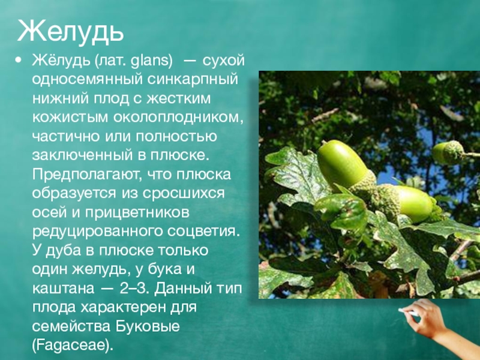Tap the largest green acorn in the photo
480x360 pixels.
pyautogui.click(x=341, y=165)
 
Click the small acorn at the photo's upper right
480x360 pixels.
pyautogui.click(x=447, y=152)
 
